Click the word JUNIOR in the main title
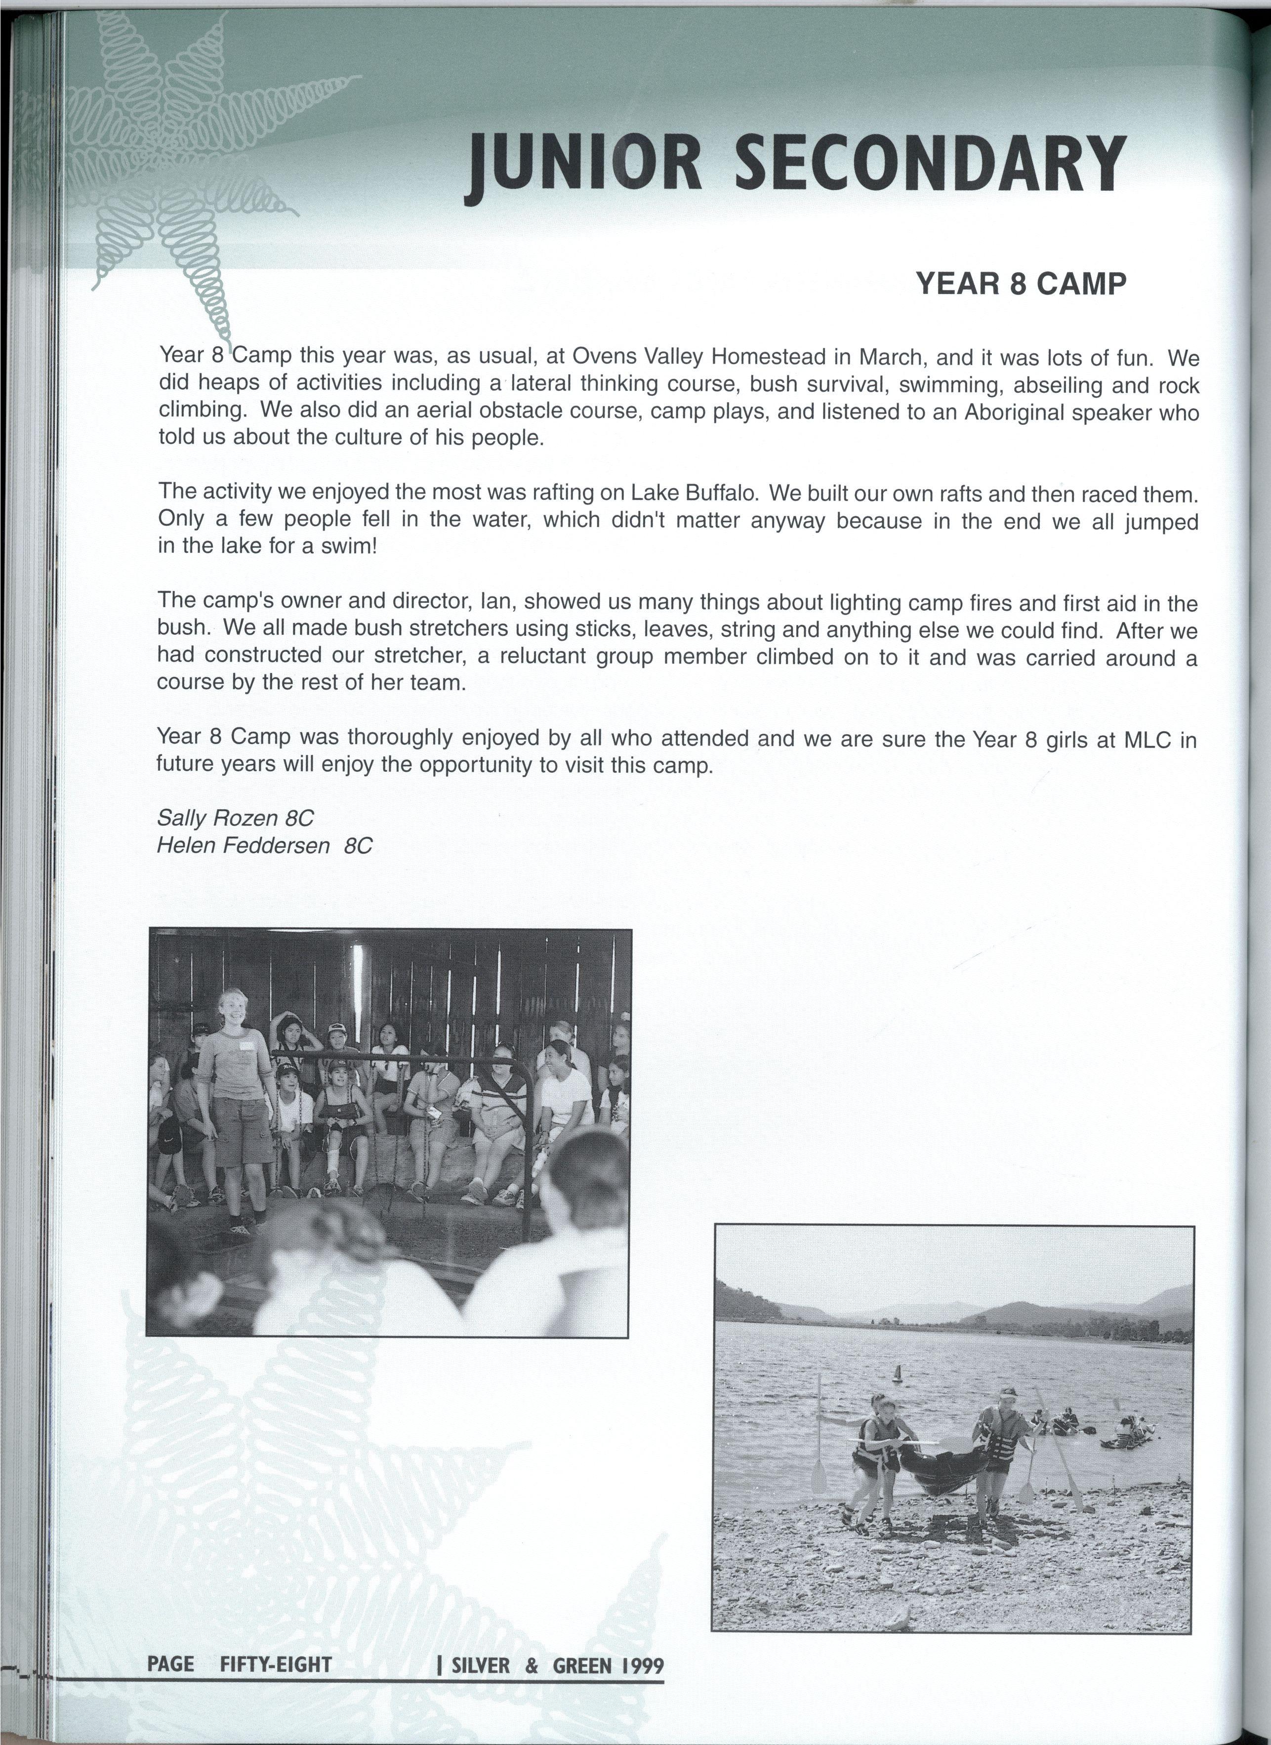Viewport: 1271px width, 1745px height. (585, 164)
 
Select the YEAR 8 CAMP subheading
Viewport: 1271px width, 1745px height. (1021, 284)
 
